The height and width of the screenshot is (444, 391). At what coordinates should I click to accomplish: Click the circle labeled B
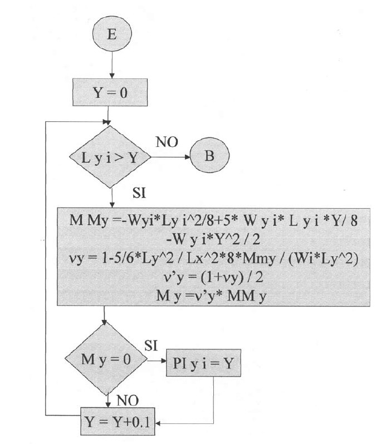click(x=209, y=156)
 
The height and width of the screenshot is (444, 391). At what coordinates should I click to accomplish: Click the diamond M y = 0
click(x=105, y=359)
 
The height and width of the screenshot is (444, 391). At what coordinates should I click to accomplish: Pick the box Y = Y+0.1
click(x=115, y=425)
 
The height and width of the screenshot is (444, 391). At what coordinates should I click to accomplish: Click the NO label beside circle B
click(x=167, y=142)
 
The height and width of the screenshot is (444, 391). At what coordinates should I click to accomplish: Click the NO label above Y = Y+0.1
click(x=127, y=399)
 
